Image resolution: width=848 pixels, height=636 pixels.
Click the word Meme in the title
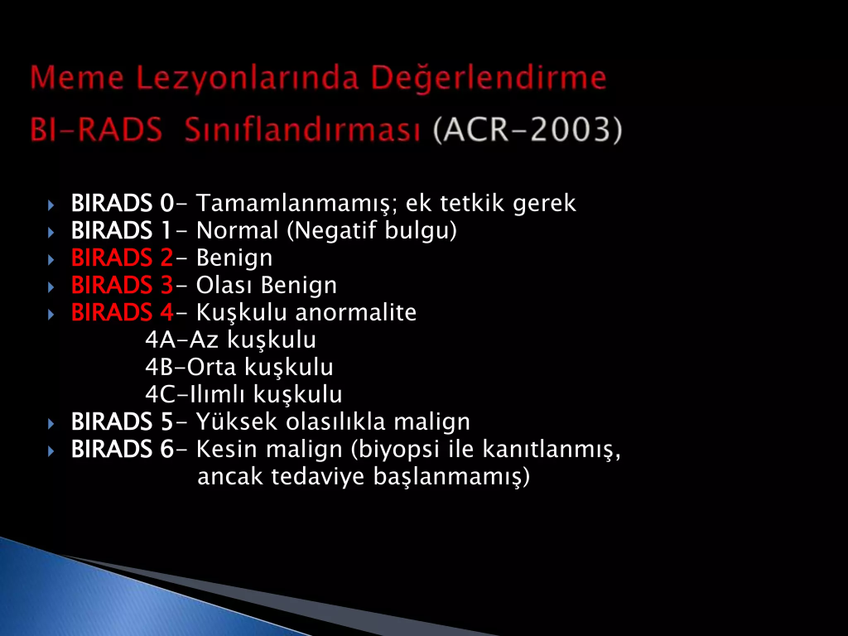click(77, 77)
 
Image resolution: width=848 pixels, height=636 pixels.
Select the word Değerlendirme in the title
click(489, 77)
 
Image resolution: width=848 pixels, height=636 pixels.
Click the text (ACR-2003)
click(528, 130)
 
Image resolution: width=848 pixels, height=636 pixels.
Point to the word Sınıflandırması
click(302, 130)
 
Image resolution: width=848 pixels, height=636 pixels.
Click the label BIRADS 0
click(123, 204)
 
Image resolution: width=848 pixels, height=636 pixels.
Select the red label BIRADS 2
click(123, 258)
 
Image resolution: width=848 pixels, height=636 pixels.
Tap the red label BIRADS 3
click(123, 285)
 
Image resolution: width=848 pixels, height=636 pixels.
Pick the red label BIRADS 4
click(123, 312)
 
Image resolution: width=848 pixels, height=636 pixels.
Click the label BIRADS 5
click(123, 422)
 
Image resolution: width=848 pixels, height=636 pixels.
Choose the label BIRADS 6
click(123, 449)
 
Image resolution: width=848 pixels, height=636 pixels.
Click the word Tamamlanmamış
click(297, 205)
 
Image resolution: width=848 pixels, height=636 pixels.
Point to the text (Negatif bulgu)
click(372, 231)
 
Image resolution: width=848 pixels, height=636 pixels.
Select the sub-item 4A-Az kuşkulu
click(231, 340)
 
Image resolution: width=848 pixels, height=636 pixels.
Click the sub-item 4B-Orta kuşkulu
click(239, 368)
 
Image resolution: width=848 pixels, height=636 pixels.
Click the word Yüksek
click(237, 422)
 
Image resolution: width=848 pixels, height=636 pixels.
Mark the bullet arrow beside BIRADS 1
click(51, 233)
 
